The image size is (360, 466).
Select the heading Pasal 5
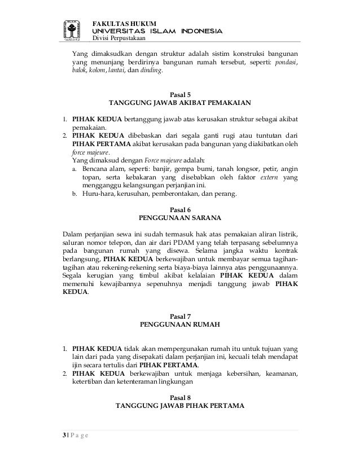pos(180,94)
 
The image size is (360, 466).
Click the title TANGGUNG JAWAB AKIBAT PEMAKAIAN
pos(180,103)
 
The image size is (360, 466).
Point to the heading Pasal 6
pos(180,208)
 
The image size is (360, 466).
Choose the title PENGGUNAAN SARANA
pos(180,217)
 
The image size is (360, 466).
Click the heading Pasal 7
pos(180,316)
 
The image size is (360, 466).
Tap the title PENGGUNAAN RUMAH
pos(180,325)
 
